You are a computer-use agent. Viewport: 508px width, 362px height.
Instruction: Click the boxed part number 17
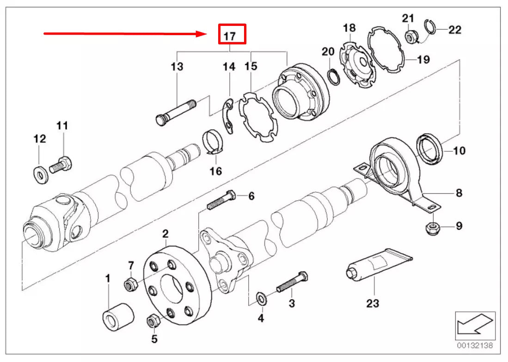232,35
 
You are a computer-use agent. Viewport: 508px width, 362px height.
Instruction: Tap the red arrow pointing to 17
125,33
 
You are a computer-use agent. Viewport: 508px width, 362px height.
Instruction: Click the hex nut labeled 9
432,227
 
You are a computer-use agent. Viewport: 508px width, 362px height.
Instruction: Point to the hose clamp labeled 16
213,141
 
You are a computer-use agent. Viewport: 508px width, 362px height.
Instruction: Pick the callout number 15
251,67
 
